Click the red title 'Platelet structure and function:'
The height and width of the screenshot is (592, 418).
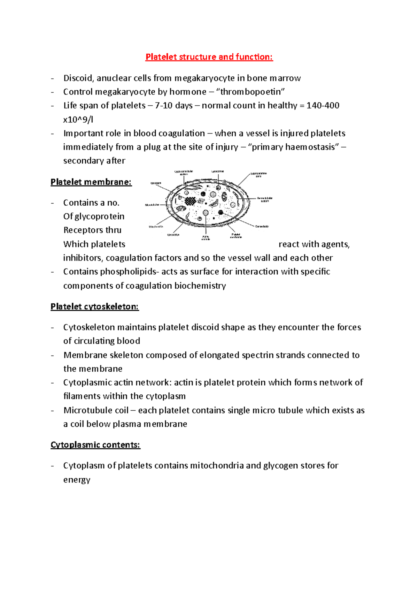coord(209,57)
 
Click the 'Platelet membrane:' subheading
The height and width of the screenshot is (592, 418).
coord(91,182)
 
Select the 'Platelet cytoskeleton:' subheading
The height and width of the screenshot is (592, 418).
coord(94,306)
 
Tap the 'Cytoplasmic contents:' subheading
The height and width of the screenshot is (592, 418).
coord(95,445)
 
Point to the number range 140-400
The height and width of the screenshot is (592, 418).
coord(323,106)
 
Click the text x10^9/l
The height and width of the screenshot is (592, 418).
coord(78,120)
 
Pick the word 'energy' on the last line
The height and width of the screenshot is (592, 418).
coord(77,480)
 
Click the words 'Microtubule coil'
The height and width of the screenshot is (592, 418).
coord(96,410)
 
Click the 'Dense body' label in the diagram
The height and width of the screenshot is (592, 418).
coord(262,226)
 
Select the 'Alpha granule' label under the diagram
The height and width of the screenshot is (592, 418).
coord(206,238)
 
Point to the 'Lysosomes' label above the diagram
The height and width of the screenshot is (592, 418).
coord(217,172)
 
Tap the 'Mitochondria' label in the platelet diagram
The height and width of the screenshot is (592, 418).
coord(156,227)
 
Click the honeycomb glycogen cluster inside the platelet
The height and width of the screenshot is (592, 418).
coord(190,201)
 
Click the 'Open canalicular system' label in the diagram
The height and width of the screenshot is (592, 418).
coord(184,173)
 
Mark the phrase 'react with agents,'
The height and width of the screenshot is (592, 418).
coord(314,244)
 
